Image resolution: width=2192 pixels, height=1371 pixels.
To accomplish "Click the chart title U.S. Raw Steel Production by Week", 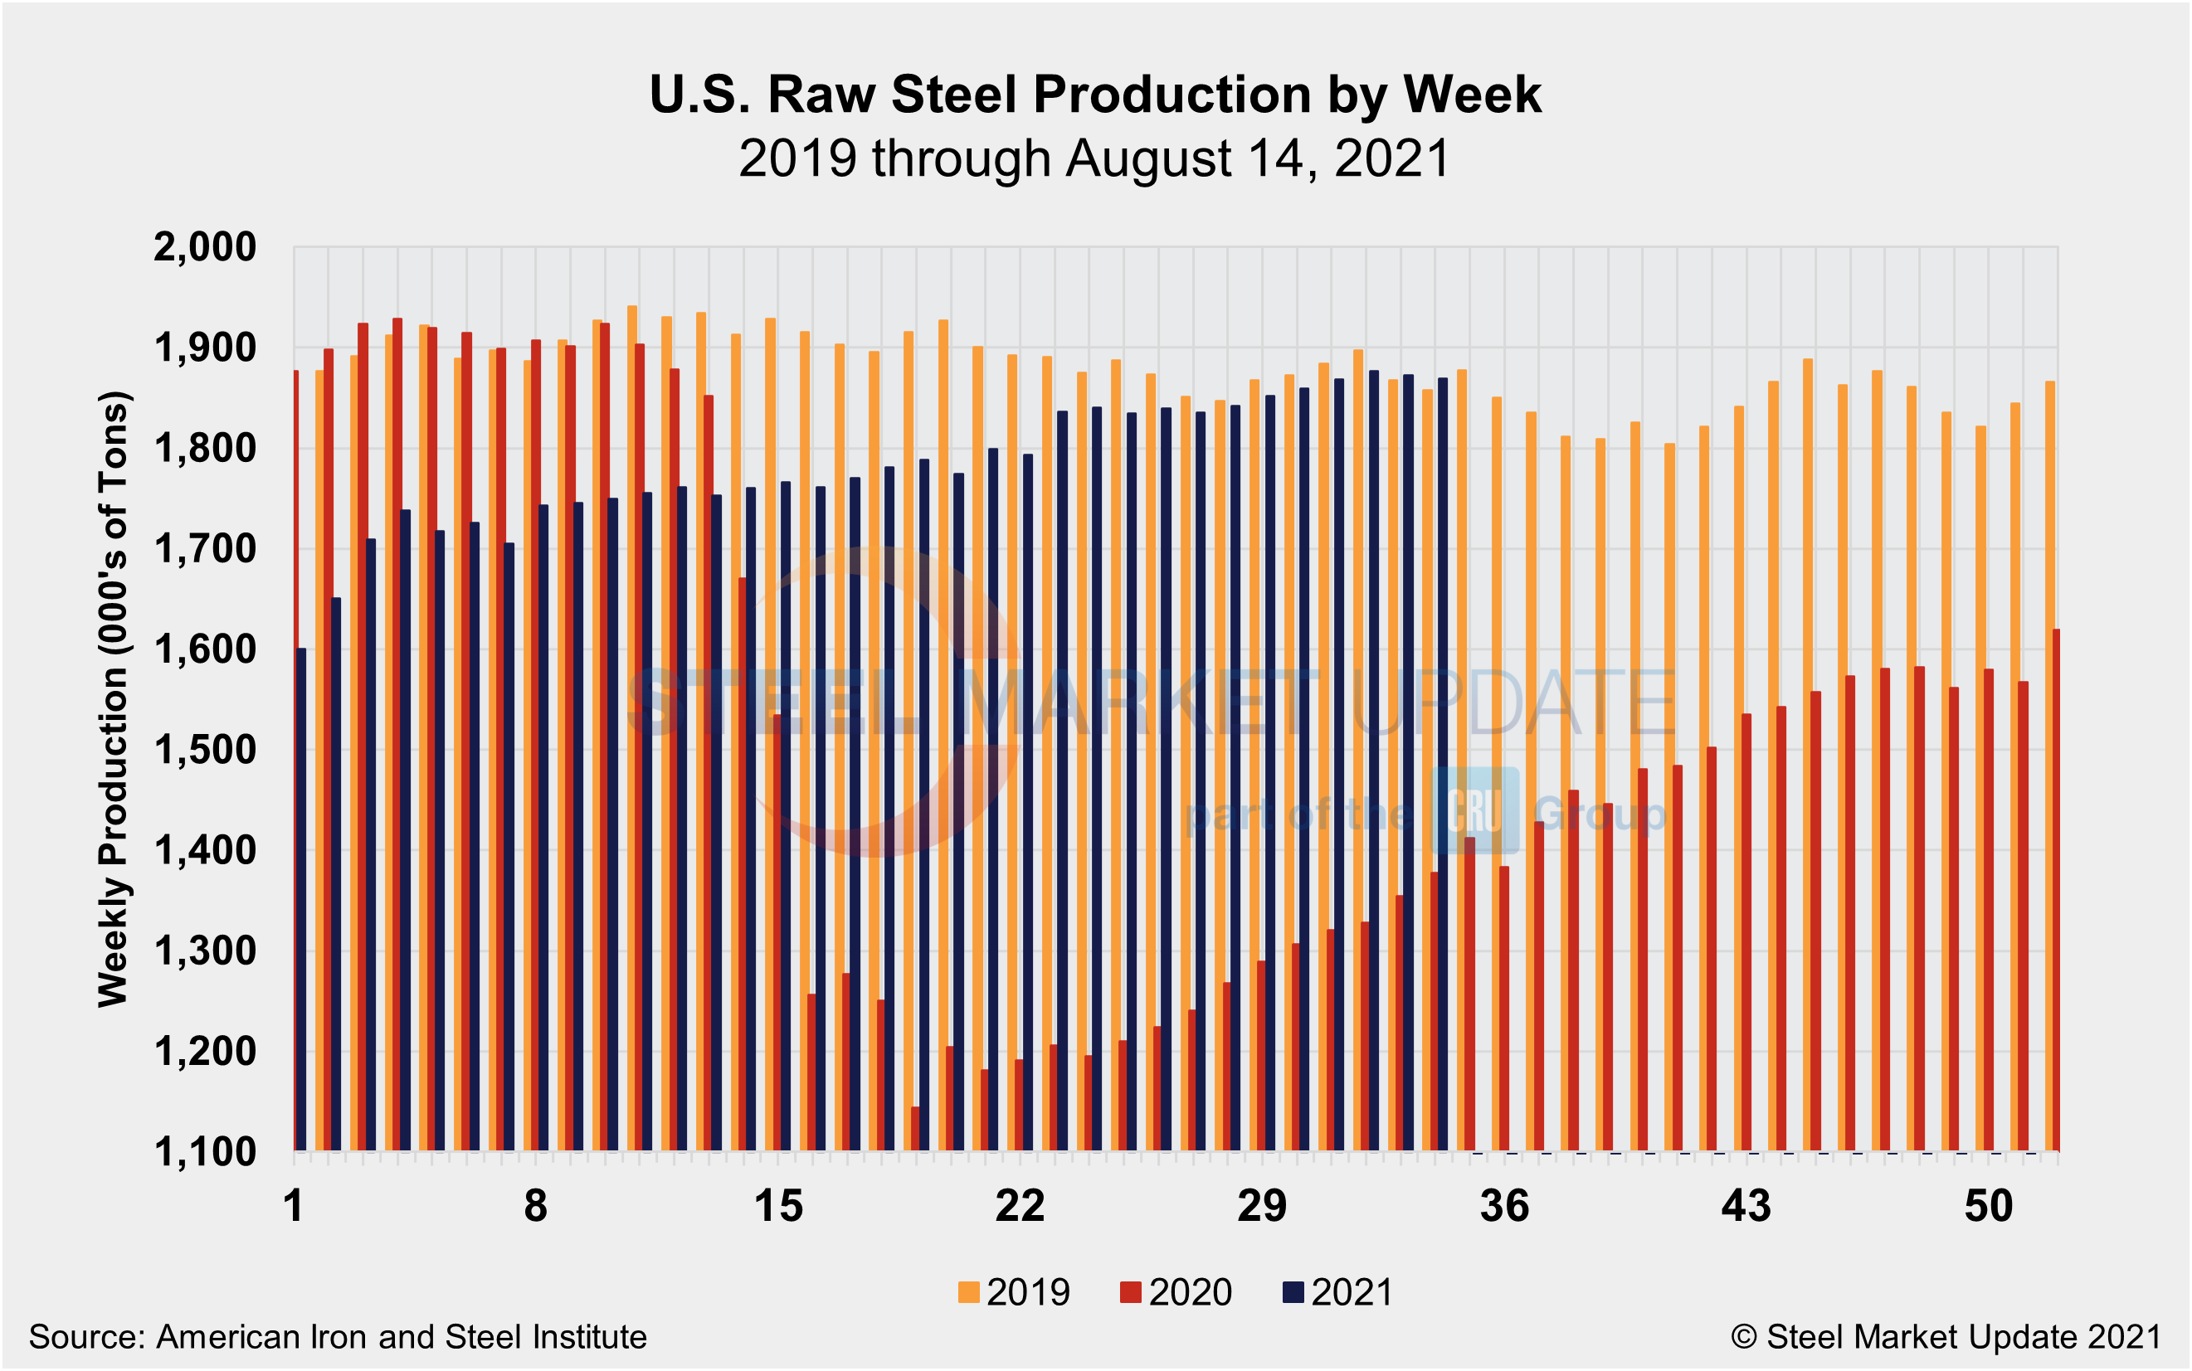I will click(x=1094, y=95).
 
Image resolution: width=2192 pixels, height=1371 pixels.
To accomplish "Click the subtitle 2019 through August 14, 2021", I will click(x=1094, y=158).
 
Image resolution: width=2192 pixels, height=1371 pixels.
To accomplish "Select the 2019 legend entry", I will click(x=1014, y=1292).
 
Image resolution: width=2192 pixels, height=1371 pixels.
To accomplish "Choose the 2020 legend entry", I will click(x=1176, y=1292).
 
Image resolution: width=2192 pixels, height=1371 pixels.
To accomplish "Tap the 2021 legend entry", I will click(x=1337, y=1292).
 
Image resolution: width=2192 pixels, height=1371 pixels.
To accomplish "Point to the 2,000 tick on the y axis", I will click(x=205, y=246).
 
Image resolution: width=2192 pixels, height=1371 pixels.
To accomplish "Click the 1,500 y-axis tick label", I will click(x=205, y=750).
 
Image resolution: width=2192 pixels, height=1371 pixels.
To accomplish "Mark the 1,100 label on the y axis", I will click(x=205, y=1153).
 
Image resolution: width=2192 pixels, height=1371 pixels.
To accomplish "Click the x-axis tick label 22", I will click(x=1020, y=1207).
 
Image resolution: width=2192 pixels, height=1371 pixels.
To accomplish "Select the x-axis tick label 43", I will click(x=1746, y=1207).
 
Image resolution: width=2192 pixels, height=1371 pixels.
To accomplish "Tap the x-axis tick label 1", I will click(x=293, y=1207).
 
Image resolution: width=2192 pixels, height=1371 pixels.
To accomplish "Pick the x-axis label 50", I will click(x=1988, y=1207).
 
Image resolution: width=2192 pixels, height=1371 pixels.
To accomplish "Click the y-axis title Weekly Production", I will click(x=114, y=698).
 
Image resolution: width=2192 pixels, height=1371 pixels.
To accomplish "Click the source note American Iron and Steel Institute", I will click(x=338, y=1338).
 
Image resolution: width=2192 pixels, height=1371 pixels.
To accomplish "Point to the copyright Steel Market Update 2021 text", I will click(x=1946, y=1338).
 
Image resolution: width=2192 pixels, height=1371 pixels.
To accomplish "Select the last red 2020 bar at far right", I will click(x=2055, y=888).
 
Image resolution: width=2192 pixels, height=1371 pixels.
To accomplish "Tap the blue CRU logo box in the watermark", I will click(x=1474, y=809).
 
